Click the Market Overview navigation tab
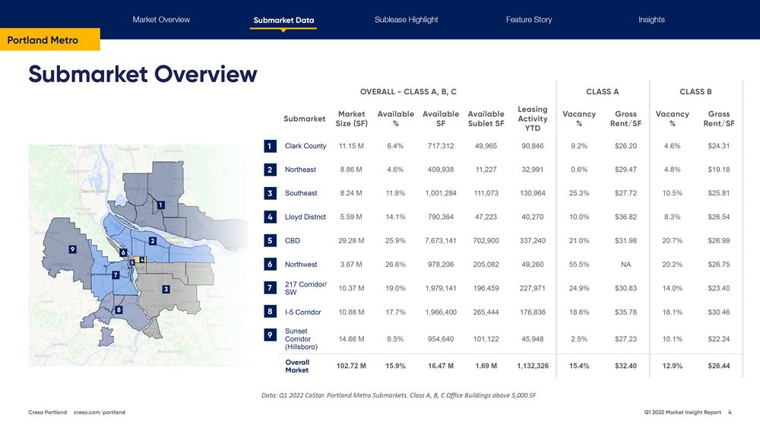(161, 20)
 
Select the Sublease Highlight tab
(406, 20)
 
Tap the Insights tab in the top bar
(651, 20)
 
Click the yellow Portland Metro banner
(49, 40)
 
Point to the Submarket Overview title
(143, 75)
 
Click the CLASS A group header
(602, 92)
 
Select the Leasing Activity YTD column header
(532, 119)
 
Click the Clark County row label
(305, 146)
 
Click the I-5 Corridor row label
(302, 312)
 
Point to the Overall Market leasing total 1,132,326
(532, 366)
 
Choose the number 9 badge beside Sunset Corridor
(270, 335)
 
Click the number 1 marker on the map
(160, 204)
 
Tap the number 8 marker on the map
(119, 310)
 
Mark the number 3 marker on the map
(165, 289)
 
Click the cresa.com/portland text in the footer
(100, 412)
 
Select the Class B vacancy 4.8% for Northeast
(672, 170)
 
